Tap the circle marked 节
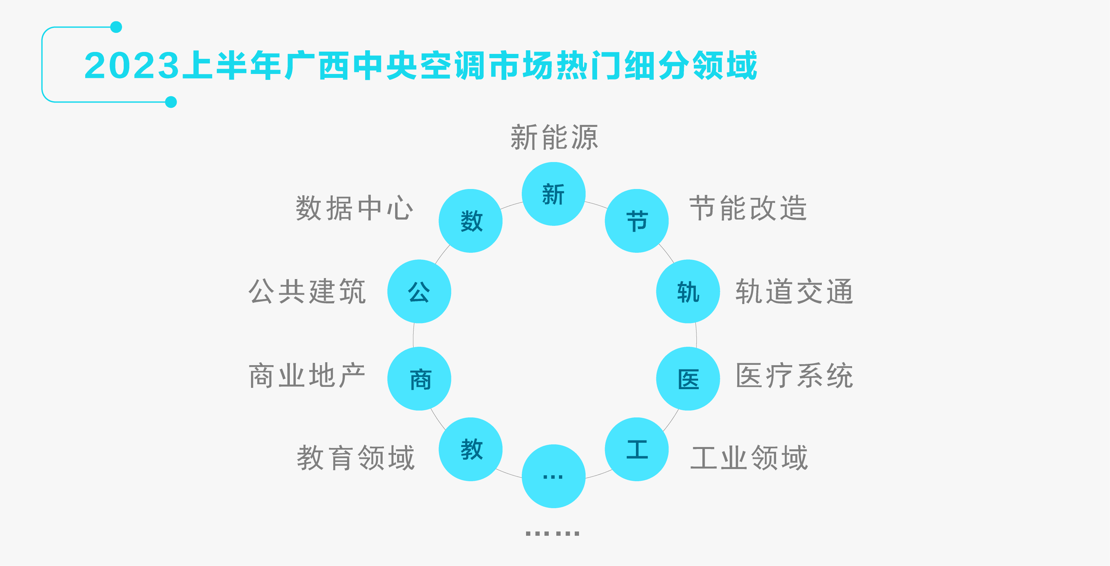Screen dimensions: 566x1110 (x=637, y=221)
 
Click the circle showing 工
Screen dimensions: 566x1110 (x=637, y=449)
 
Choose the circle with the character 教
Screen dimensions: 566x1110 (x=470, y=449)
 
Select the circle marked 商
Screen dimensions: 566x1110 (x=419, y=379)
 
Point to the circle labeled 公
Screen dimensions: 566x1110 (x=419, y=292)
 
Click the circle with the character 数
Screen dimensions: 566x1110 (x=470, y=221)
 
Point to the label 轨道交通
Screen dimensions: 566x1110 (x=794, y=292)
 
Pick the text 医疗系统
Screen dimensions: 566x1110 (x=794, y=376)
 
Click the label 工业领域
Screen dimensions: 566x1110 (x=749, y=458)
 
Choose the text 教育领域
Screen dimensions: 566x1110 (x=356, y=458)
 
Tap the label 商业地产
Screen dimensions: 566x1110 (x=307, y=376)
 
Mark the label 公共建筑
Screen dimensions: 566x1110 (x=307, y=292)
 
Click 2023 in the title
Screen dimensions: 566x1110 (x=131, y=66)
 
